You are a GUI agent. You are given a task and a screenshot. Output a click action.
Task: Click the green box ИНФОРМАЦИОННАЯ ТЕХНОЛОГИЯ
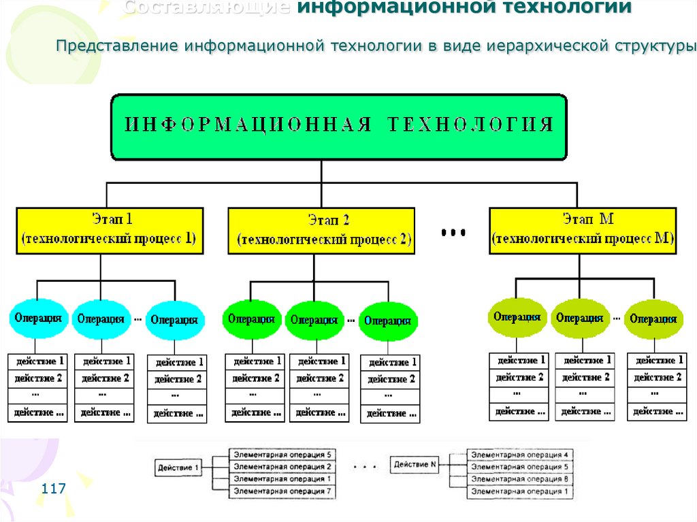338,127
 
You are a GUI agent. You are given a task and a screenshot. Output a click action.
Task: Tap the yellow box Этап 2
321,231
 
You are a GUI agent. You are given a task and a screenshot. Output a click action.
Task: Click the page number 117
53,489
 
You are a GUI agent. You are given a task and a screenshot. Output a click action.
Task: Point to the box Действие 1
179,468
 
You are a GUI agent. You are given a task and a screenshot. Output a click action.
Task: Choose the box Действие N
415,465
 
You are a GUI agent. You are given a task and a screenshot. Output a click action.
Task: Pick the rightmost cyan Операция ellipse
175,319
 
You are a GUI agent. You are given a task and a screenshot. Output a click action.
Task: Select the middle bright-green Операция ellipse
314,320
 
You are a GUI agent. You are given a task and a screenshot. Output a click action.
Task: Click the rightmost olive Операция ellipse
653,319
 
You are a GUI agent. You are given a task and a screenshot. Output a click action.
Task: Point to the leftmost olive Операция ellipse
518,316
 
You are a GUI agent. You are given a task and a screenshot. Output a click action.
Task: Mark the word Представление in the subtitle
117,46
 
